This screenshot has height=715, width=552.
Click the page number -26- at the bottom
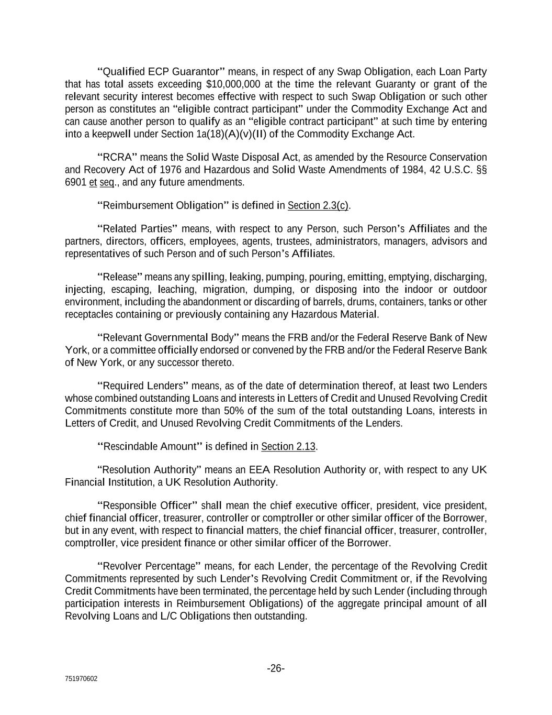tap(276, 668)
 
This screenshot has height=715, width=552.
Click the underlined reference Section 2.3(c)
tap(318, 205)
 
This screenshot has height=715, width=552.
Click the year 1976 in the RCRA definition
tap(172, 170)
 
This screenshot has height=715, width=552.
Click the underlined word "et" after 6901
tap(93, 182)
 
